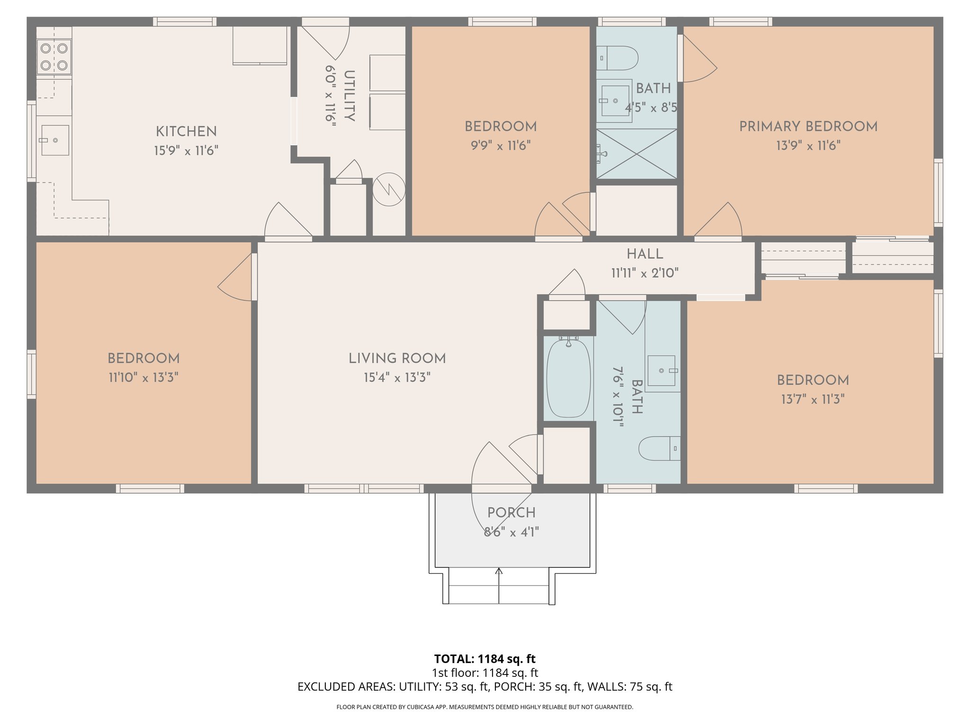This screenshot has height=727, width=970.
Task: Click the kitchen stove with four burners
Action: coord(54,57)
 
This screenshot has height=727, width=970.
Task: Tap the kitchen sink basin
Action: coord(55,140)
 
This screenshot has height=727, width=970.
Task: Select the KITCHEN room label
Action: coord(186,132)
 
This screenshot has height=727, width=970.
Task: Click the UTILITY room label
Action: coord(350,96)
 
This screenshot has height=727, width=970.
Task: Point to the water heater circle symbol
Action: coord(388,189)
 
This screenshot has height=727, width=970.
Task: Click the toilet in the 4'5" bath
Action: coord(617,58)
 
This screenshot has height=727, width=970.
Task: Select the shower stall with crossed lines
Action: coord(636,154)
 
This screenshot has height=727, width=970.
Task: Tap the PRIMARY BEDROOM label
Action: coord(808,126)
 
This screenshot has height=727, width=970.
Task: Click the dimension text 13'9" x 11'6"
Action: coord(808,146)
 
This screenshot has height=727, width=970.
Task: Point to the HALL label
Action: coord(645,254)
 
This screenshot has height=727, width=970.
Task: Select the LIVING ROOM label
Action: coord(397,358)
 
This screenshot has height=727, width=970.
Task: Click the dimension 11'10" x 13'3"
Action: coord(144,378)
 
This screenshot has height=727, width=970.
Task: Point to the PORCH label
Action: coord(512,513)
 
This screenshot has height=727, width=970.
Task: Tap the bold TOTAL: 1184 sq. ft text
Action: coord(485,659)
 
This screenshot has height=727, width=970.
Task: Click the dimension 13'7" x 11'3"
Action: coord(813,399)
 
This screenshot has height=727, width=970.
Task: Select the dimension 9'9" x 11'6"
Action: coord(501,146)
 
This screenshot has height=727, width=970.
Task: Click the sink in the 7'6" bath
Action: coord(662,371)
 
